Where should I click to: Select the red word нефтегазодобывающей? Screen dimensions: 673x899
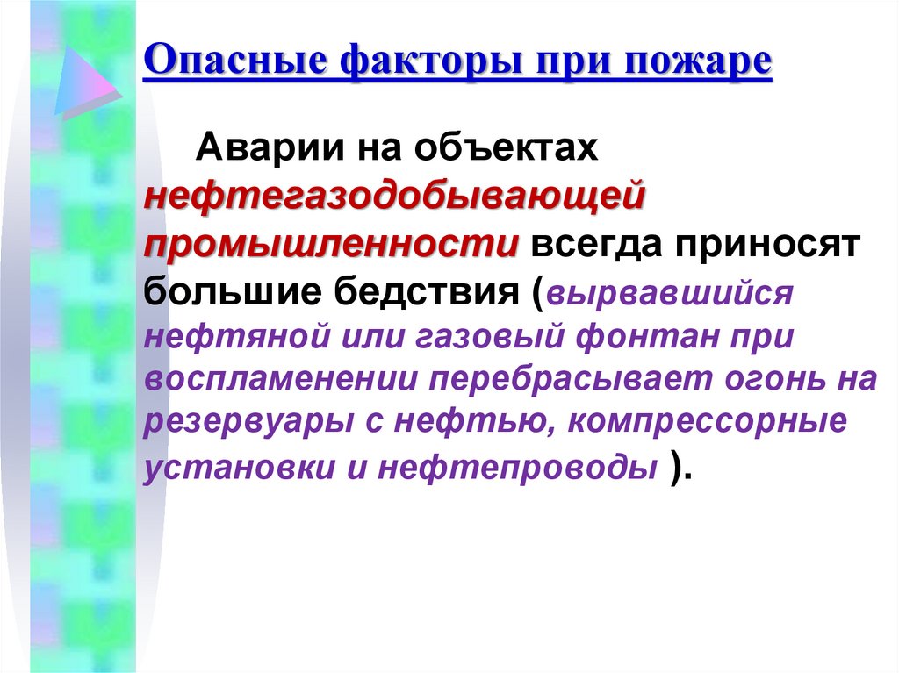pyautogui.click(x=396, y=195)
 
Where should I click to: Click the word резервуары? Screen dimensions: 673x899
pyautogui.click(x=242, y=422)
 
